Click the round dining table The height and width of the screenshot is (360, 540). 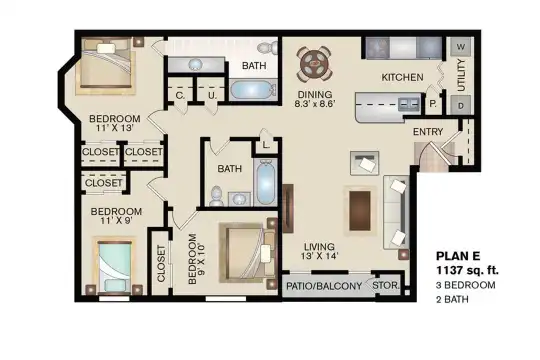(x=314, y=64)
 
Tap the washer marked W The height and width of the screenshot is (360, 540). (x=460, y=47)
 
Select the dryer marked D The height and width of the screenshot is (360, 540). (x=460, y=106)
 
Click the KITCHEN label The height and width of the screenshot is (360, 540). (x=402, y=77)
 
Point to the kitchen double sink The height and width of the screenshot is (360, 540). (x=409, y=104)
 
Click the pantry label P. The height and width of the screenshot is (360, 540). (x=433, y=103)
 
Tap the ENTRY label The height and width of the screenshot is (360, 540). (x=428, y=132)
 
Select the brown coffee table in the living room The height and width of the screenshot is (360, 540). (x=360, y=210)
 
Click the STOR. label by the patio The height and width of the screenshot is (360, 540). (x=386, y=286)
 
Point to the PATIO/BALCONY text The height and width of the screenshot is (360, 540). (x=324, y=286)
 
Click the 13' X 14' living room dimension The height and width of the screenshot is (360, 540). (x=319, y=256)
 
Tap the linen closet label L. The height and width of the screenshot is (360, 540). (x=266, y=145)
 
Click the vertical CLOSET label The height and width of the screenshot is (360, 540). (x=161, y=264)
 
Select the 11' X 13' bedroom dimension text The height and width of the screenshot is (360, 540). (x=114, y=128)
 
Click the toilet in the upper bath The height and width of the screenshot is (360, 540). (x=268, y=48)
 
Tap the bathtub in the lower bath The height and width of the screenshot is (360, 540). (x=265, y=183)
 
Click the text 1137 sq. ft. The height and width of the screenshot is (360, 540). (x=467, y=270)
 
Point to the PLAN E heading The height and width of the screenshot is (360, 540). (x=458, y=256)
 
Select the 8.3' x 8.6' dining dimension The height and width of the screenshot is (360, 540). (x=315, y=104)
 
